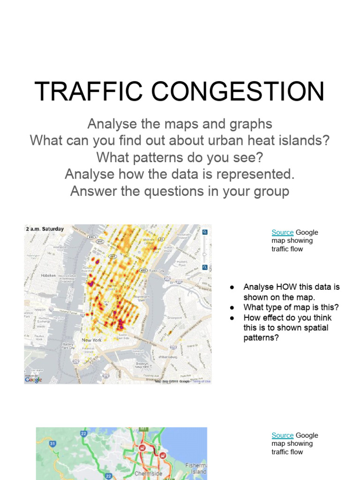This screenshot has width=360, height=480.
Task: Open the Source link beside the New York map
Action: click(283, 232)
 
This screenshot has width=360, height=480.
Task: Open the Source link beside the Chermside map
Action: click(283, 435)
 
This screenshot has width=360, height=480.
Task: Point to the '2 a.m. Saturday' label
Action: click(45, 229)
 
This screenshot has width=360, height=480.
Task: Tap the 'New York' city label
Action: click(91, 340)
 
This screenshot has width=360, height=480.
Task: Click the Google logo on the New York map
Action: click(34, 380)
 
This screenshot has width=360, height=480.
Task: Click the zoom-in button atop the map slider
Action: click(205, 232)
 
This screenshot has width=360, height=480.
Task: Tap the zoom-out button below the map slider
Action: click(205, 267)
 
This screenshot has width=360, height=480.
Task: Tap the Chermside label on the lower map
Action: click(148, 474)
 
